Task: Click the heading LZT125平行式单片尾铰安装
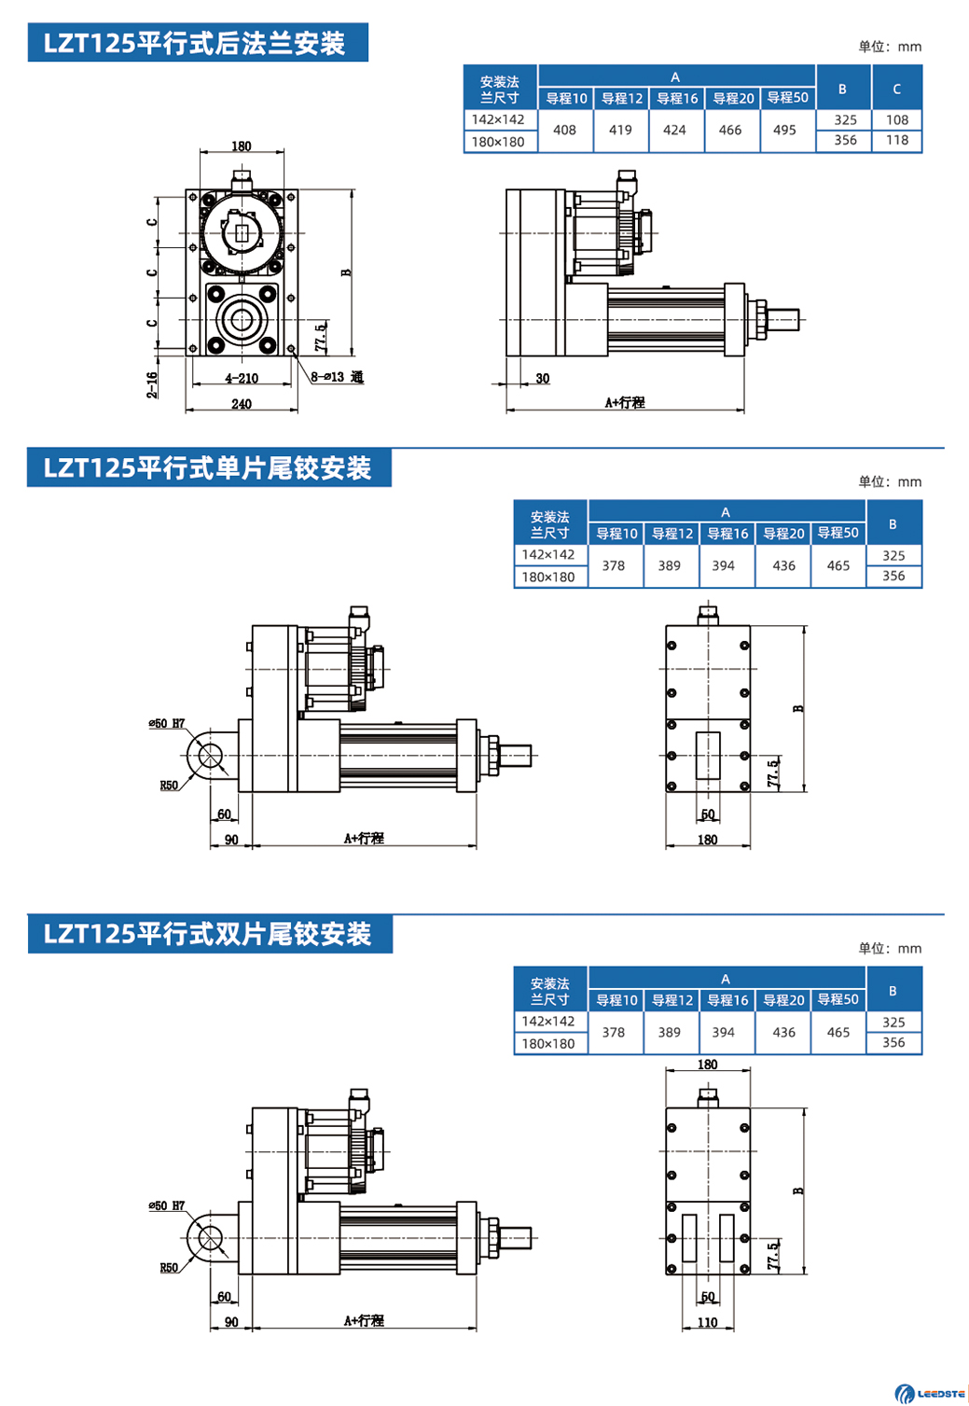[208, 467]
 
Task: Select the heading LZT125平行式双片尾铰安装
[208, 934]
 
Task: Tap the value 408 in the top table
[564, 131]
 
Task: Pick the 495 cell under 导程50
[784, 131]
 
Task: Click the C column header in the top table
[896, 90]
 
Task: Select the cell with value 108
[897, 120]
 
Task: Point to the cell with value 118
[897, 141]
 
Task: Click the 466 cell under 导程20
[730, 131]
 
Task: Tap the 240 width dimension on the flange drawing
[242, 404]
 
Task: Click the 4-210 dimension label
[242, 379]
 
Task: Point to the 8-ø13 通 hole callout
[337, 377]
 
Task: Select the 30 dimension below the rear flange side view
[543, 379]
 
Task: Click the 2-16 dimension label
[152, 384]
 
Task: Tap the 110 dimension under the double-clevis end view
[708, 1322]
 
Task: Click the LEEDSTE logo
[931, 1393]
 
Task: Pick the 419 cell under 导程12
[620, 131]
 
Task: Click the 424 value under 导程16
[674, 131]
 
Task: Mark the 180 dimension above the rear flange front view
[241, 146]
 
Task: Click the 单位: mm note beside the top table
[890, 47]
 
